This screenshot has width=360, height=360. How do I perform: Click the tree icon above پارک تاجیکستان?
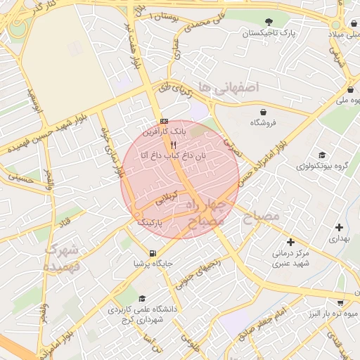[x=270, y=21]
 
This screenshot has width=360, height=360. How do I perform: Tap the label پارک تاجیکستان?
[x=269, y=33]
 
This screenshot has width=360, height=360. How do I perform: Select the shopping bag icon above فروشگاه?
[x=263, y=111]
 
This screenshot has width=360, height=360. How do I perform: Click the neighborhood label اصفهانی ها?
[x=228, y=86]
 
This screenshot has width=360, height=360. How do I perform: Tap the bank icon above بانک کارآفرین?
[x=164, y=120]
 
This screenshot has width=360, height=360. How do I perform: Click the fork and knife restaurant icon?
[x=173, y=145]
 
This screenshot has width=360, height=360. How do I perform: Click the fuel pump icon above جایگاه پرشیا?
[x=153, y=253]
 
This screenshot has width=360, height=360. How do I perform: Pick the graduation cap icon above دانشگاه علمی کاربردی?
[x=143, y=298]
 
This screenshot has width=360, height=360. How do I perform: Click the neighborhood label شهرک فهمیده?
[x=63, y=258]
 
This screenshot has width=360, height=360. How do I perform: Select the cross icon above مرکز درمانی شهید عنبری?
[x=290, y=242]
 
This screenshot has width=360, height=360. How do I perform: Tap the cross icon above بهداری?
[x=340, y=227]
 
